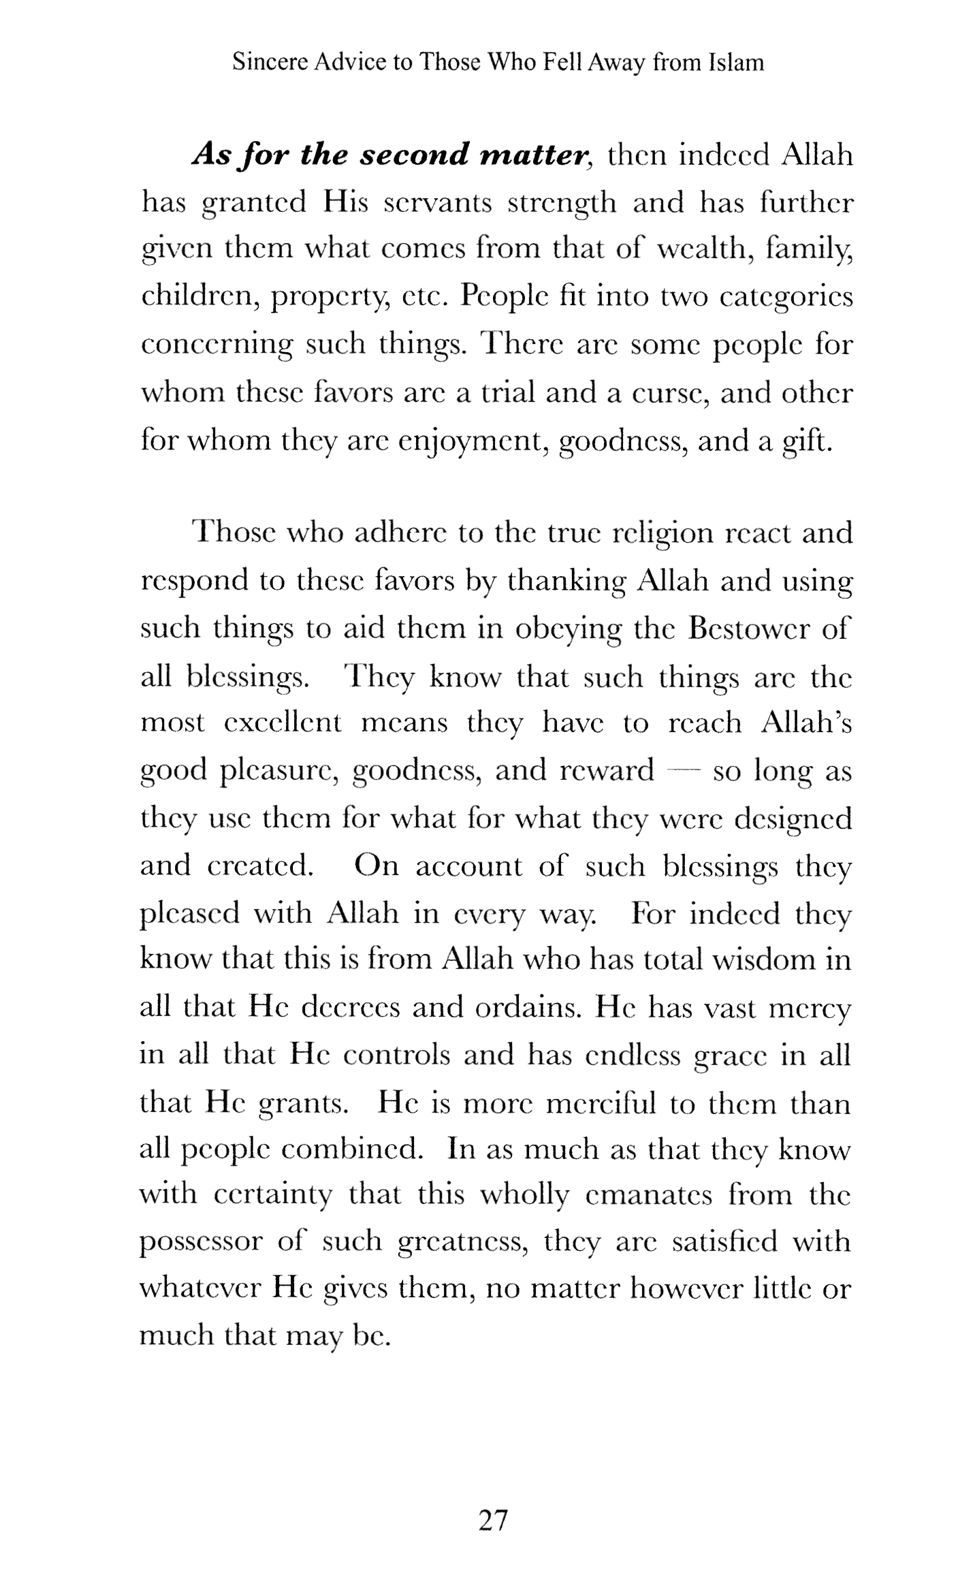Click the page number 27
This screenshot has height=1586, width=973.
pos(494,1519)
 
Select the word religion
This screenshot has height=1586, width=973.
pos(658,533)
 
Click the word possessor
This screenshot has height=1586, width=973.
pos(201,1243)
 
